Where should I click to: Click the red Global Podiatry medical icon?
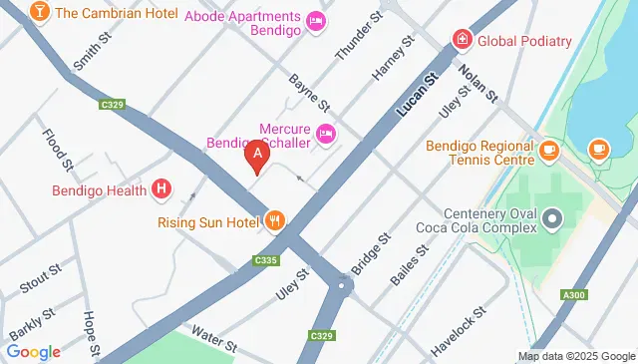(462, 41)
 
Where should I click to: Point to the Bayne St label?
(310, 93)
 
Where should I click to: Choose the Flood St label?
(57, 150)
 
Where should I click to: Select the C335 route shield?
(265, 260)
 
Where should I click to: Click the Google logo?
(33, 351)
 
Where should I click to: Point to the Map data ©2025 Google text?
(575, 356)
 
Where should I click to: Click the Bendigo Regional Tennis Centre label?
(480, 155)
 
